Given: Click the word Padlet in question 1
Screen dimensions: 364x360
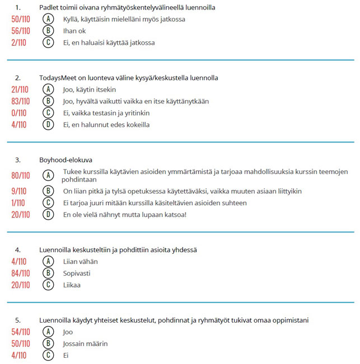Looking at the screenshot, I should click(49, 8).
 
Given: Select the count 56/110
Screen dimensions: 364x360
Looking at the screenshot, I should click(21, 31).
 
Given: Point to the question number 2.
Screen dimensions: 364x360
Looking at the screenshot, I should click(18, 78).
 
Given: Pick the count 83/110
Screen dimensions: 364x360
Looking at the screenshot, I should click(21, 101).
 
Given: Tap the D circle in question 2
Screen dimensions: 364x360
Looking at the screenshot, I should click(49, 125).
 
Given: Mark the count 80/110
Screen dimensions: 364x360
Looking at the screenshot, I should click(21, 176).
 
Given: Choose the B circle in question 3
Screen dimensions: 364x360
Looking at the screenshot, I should click(49, 191).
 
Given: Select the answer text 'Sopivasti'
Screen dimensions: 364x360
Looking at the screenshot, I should click(77, 273).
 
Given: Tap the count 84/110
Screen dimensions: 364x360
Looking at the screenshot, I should click(21, 273).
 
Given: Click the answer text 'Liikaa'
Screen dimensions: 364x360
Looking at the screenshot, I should click(72, 285).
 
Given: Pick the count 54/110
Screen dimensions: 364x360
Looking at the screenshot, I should click(21, 332).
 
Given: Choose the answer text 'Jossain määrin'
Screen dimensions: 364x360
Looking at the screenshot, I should click(85, 343).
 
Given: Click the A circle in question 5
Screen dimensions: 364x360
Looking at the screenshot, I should click(49, 332).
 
